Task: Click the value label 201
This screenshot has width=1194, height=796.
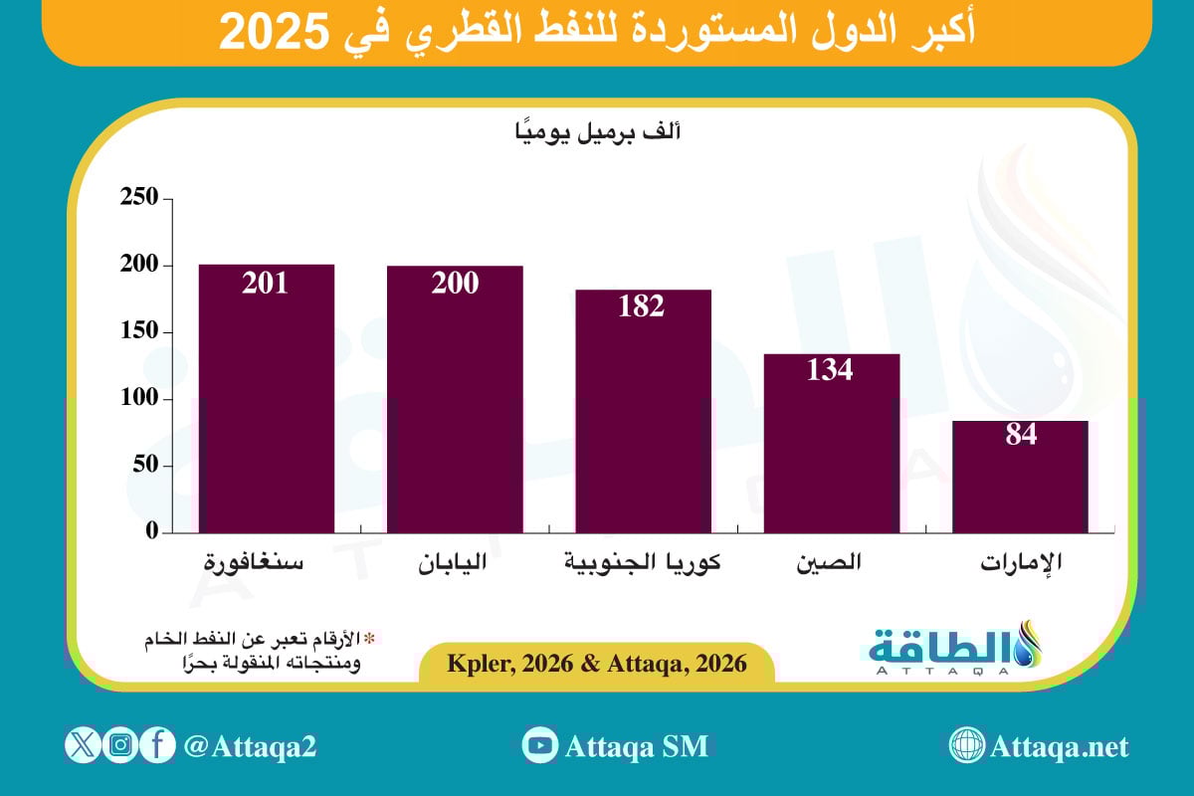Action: pos(267,283)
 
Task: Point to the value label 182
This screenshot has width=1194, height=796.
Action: pos(643,306)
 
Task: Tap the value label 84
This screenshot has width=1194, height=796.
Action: pos(1020,436)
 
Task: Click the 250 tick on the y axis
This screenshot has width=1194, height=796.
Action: pos(139,198)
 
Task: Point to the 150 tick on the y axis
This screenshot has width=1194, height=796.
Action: pos(139,331)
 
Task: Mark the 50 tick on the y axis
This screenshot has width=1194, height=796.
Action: pos(145,465)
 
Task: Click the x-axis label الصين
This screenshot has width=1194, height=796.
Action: pos(829,562)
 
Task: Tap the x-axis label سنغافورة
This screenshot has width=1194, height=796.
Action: pos(255,563)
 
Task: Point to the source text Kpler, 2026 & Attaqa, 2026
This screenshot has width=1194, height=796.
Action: pos(597,664)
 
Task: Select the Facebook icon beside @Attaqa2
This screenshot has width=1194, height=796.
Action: pos(157,745)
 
